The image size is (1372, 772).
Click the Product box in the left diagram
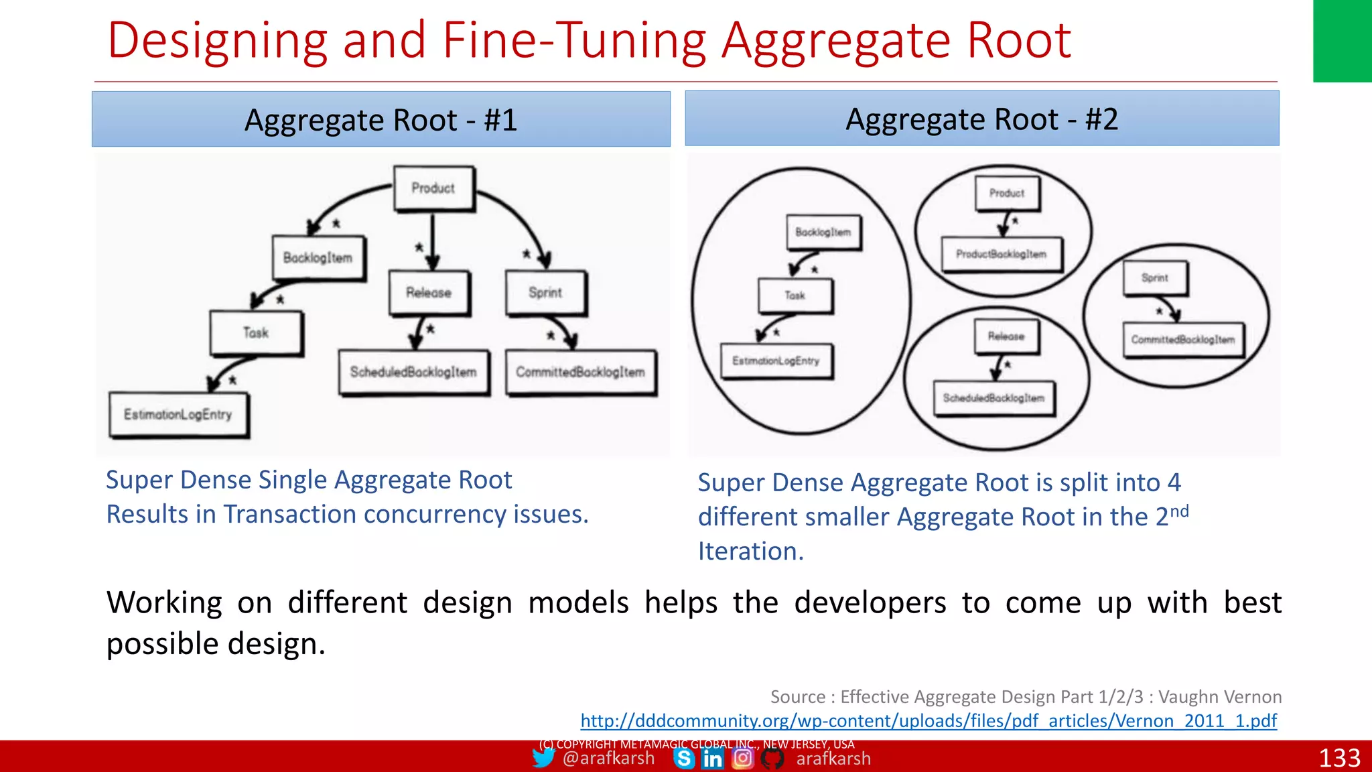pos(433,188)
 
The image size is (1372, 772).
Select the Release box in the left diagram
pos(429,292)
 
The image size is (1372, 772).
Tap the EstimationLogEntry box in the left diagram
pos(178,414)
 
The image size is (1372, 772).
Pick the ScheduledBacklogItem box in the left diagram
pos(413,372)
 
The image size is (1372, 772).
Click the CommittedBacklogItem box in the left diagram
pos(580,372)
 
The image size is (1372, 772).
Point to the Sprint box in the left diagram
pos(545,292)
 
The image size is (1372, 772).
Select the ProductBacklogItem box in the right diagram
pos(1001,254)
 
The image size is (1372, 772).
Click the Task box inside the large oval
pos(795,295)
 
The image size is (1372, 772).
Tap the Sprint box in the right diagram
pos(1155,277)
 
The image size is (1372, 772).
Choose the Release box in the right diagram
pos(1006,336)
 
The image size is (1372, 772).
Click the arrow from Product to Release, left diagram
pos(433,241)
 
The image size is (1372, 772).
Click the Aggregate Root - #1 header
pos(381,119)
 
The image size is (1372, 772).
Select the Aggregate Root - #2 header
pos(981,119)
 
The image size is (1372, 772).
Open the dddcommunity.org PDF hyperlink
pos(929,720)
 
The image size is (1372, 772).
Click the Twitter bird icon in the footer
pos(543,758)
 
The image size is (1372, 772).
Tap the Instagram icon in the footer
pos(742,758)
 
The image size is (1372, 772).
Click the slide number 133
pos(1339,758)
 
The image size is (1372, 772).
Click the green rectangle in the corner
pos(1342,40)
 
